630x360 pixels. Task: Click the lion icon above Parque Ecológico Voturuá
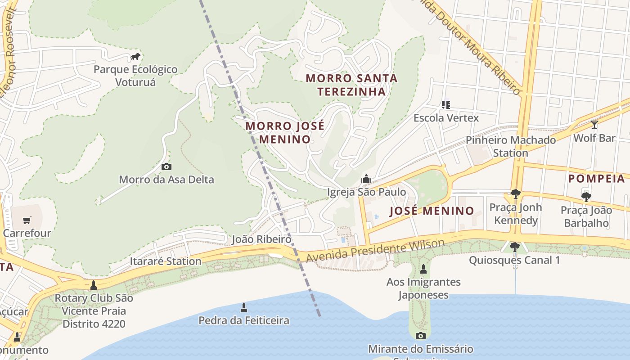pos(135,57)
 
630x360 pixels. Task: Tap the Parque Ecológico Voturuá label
pos(135,76)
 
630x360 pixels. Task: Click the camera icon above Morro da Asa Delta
pos(166,167)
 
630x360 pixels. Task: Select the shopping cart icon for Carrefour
pos(27,220)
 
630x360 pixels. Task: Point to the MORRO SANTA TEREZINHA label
pos(351,85)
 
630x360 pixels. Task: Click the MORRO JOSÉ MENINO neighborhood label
pos(285,132)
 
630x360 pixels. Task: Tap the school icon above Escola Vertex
pos(446,105)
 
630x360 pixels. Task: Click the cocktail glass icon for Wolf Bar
pos(594,125)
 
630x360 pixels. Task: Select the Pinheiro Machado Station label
pos(511,146)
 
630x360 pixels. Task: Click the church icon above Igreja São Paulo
pos(366,179)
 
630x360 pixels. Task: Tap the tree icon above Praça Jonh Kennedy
pos(515,194)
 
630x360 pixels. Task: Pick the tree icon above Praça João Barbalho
pos(586,197)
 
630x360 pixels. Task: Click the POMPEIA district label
pos(597,179)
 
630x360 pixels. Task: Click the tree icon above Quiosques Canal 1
pos(514,247)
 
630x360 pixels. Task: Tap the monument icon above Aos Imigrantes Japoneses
pos(423,269)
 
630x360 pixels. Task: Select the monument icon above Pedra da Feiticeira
pos(244,308)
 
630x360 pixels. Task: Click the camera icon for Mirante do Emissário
pos(420,336)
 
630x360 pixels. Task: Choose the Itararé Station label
pos(165,261)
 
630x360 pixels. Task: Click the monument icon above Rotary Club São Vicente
pos(94,285)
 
